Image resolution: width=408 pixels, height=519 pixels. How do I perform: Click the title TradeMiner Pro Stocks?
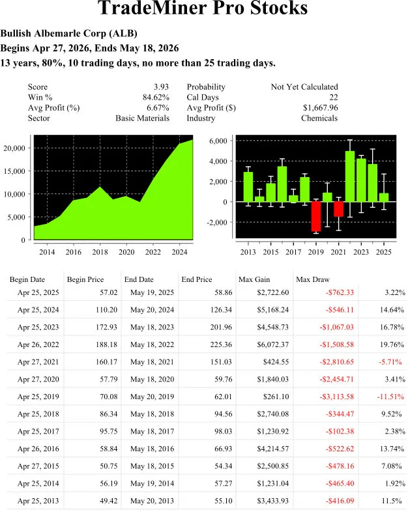203,9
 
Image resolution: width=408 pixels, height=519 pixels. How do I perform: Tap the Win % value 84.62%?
155,97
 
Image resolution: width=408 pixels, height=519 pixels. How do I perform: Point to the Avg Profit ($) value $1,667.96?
321,107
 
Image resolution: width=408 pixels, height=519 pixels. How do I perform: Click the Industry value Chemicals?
319,118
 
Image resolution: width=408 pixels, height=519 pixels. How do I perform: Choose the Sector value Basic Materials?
142,118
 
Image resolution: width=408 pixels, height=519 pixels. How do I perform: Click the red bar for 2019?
315,216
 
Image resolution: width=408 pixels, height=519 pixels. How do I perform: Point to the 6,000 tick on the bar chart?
218,141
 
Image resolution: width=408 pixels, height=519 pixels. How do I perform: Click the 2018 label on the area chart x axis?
100,252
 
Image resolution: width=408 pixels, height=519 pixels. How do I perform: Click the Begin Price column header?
85,279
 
